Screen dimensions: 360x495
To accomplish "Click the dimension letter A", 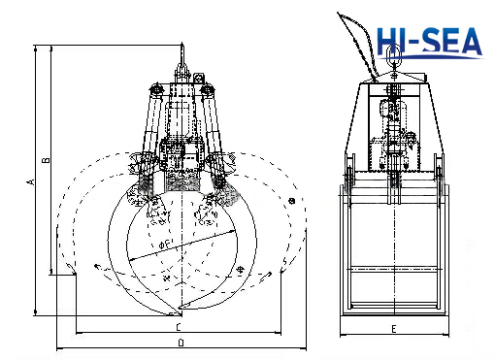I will tap(31, 181).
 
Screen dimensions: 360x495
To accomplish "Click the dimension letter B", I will tap(45, 160).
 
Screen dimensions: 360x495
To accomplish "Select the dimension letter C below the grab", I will tap(180, 328).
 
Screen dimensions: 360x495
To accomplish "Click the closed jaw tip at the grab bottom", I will tap(179, 312).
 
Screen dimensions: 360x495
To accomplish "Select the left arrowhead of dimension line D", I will tap(58, 346).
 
